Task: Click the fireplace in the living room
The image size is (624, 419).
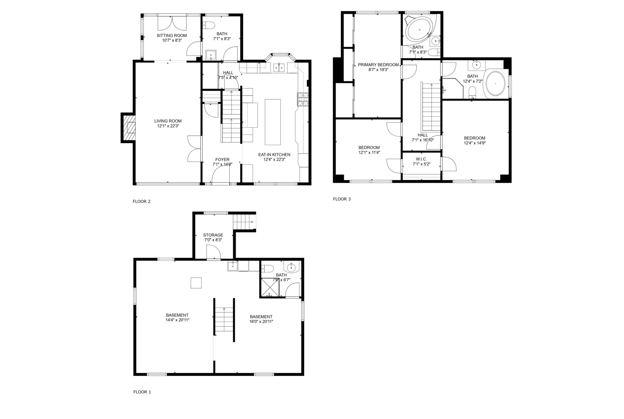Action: pos(130,128)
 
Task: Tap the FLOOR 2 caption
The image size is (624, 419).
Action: pos(141,201)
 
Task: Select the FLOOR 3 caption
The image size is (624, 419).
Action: pos(341,199)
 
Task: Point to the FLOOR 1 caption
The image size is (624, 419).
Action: pos(142,392)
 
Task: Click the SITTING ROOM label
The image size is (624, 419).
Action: pos(169,36)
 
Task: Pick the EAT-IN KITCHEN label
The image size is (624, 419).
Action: pos(274,154)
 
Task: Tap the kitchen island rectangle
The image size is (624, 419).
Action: pos(272,121)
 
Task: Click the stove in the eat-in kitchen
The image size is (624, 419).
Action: pos(303,100)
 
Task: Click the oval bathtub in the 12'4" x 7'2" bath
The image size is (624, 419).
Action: pos(495,84)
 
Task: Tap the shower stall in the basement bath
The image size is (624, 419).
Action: pos(270,287)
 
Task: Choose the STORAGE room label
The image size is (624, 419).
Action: pos(213,235)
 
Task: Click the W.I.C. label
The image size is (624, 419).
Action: pos(421,159)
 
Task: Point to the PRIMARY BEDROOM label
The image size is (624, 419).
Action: pos(378,65)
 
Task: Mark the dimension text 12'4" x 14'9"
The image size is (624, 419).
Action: pos(475,143)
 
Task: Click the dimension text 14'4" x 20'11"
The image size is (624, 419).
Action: pos(177,320)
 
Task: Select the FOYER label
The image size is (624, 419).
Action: pos(222,159)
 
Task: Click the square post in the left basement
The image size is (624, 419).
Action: pos(196,282)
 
